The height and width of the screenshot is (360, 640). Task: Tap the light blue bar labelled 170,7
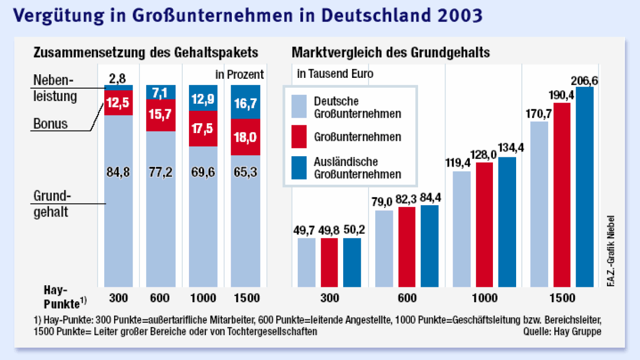[539, 204]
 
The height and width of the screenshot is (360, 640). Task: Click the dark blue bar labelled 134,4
[507, 222]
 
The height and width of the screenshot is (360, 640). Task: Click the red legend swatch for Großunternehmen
[299, 137]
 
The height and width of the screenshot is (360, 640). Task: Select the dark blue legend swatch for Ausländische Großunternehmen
[299, 168]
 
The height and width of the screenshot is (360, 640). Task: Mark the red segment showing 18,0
[245, 137]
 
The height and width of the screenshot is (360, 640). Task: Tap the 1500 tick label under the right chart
[562, 298]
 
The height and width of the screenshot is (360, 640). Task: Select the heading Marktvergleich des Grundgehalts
[391, 53]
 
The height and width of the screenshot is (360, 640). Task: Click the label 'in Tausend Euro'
[335, 74]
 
